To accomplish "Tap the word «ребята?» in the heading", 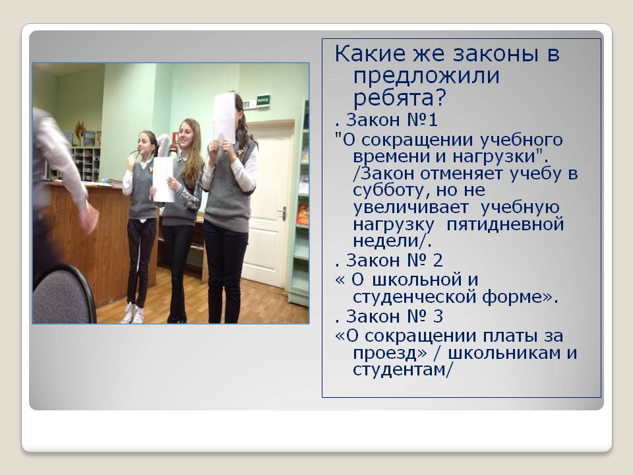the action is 400,98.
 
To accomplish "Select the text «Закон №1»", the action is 392,120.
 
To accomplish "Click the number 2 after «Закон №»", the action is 438,261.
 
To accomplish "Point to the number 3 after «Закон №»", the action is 438,316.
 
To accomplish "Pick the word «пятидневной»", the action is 506,224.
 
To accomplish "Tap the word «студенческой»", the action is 415,298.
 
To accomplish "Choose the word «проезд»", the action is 387,354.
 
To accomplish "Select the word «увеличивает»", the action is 411,208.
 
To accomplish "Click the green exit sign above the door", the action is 263,100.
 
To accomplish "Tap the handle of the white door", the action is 282,212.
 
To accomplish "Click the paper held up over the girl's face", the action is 224,116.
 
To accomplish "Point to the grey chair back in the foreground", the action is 64,294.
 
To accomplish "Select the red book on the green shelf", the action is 303,214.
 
